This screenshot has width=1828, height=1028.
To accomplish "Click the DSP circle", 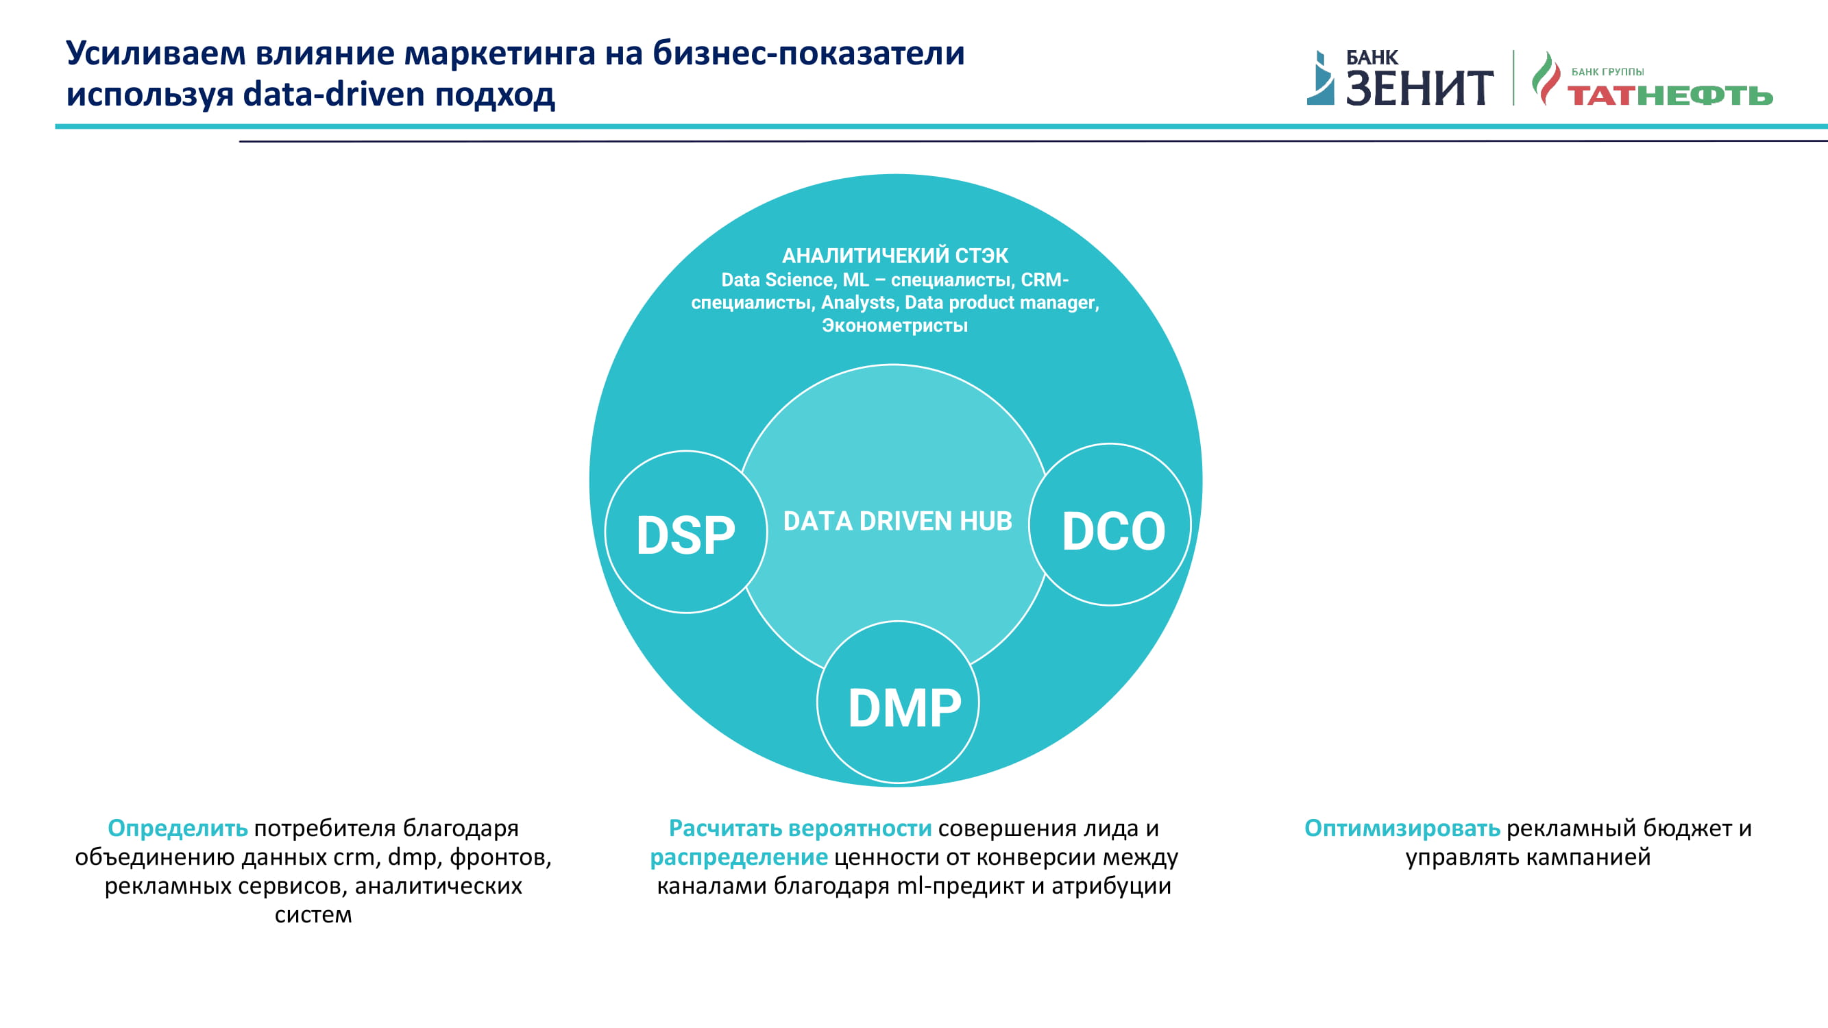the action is click(685, 532).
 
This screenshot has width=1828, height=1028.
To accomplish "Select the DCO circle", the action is click(1110, 525).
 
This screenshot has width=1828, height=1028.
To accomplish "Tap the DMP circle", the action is click(899, 702).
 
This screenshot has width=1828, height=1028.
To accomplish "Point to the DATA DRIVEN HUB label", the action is click(898, 522).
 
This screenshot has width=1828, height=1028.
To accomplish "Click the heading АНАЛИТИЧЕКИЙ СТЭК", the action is click(895, 256).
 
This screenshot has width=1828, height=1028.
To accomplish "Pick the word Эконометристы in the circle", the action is click(895, 326).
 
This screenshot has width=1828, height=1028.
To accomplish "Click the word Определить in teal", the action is click(178, 828).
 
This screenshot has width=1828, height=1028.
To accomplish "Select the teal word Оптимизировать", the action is click(1402, 828).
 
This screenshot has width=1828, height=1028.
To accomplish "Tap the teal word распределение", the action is click(739, 857).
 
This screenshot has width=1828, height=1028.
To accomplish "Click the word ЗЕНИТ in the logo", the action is click(1419, 88).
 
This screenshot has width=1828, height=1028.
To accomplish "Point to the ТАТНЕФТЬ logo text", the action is click(1670, 95).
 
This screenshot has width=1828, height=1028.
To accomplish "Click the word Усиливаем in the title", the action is click(156, 53).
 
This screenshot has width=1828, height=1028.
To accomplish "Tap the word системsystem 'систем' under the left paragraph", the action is click(313, 914).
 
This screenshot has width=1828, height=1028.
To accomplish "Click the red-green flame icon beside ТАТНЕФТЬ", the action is click(1546, 78).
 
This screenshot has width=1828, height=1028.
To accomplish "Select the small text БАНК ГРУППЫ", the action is click(1607, 72).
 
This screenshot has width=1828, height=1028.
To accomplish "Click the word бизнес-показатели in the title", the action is click(808, 53).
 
